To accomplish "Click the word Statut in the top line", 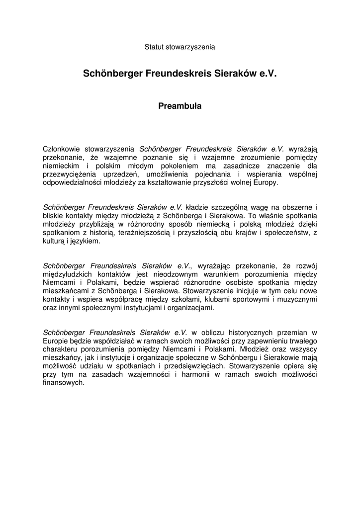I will pos(154,47).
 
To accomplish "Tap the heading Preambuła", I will pos(180,106).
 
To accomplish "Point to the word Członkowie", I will pos(62,148).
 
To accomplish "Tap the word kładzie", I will pos(198,207).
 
